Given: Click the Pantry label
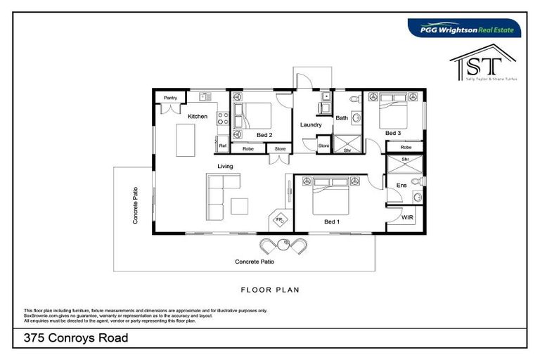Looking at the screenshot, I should click(170, 98).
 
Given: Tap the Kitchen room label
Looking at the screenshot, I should click(197, 116).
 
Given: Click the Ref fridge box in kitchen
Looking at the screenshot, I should click(223, 146).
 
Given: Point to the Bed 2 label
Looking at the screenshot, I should click(264, 134).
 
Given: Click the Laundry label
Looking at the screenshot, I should click(311, 125).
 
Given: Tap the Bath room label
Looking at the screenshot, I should click(342, 118).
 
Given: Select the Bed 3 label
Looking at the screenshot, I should click(392, 133).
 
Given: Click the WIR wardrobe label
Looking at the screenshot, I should click(407, 218).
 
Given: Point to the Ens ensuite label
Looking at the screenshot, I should click(401, 186).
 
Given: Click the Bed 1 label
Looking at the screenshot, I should click(332, 221).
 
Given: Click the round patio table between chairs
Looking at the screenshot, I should click(285, 245).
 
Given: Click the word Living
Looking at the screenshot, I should click(224, 167).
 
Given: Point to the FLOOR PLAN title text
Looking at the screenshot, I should click(270, 289).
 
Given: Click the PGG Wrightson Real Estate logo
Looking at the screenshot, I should click(465, 28).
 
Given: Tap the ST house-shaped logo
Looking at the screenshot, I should click(482, 64).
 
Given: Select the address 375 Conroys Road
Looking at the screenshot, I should click(76, 337).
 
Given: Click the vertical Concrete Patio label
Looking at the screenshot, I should click(135, 205).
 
